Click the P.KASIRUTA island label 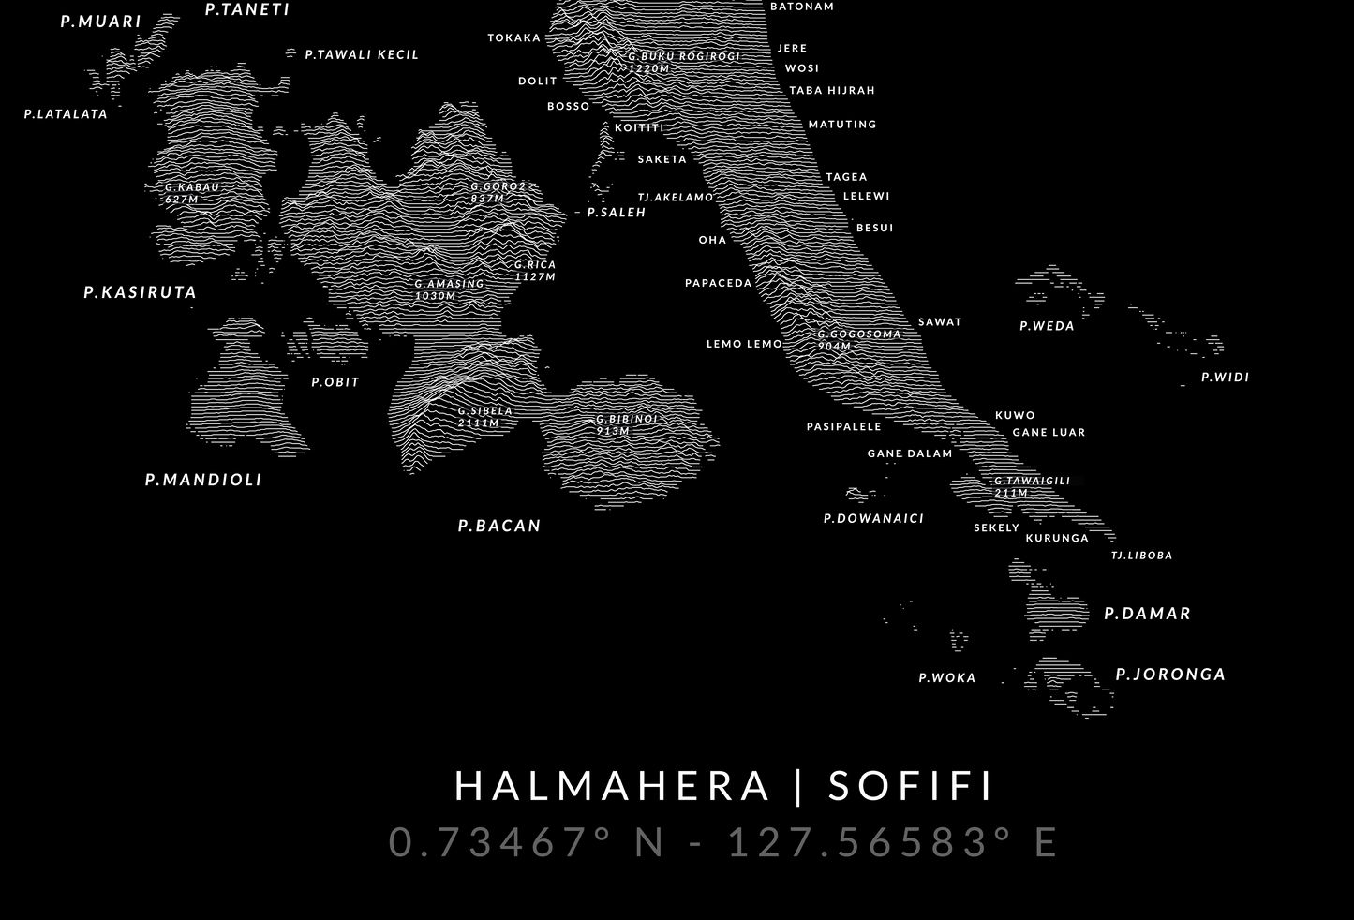click(141, 292)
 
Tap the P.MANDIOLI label click(203, 480)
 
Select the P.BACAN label click(499, 526)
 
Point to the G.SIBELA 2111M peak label click(484, 416)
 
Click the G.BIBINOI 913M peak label click(627, 424)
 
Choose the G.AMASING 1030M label click(449, 289)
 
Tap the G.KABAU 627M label click(191, 193)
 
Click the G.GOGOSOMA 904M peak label click(858, 339)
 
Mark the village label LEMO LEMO click(744, 344)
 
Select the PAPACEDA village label click(719, 283)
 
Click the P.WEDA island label click(1047, 326)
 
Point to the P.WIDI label click(1225, 378)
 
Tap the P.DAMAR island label click(1147, 614)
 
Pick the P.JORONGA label click(1170, 675)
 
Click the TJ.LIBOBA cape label click(1141, 556)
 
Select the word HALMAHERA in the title click(612, 786)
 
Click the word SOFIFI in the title click(911, 786)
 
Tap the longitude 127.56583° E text click(892, 841)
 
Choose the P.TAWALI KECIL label click(362, 54)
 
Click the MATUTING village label click(842, 124)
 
